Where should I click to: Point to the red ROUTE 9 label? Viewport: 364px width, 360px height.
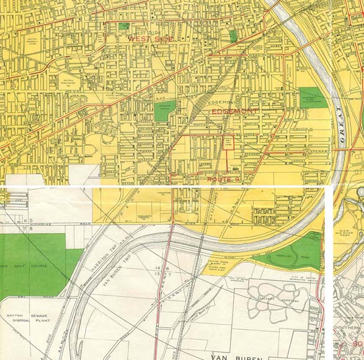[223, 179]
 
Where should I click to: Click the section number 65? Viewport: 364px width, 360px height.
[27, 221]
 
